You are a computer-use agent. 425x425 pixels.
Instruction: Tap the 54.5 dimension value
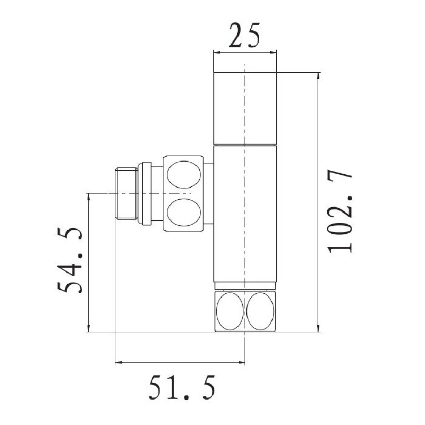click(x=70, y=261)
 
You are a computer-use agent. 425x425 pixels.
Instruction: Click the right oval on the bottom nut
click(x=261, y=310)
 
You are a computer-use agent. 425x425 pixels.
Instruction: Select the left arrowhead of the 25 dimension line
click(x=216, y=52)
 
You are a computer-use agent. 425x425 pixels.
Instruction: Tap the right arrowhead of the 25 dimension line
click(x=274, y=52)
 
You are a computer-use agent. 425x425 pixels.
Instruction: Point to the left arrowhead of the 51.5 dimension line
click(x=118, y=363)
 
